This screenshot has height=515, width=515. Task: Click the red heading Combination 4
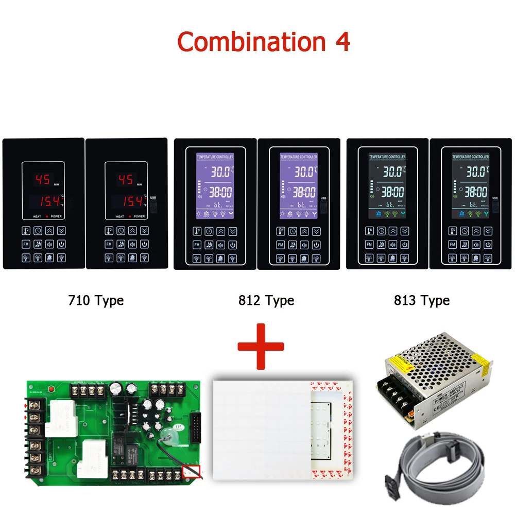[263, 42]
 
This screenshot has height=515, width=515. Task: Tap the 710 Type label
[96, 300]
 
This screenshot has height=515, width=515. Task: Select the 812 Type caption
[266, 300]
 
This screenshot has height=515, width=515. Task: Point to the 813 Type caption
[421, 300]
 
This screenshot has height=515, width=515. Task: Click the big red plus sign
[261, 346]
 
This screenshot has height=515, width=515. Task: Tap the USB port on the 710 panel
[153, 207]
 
